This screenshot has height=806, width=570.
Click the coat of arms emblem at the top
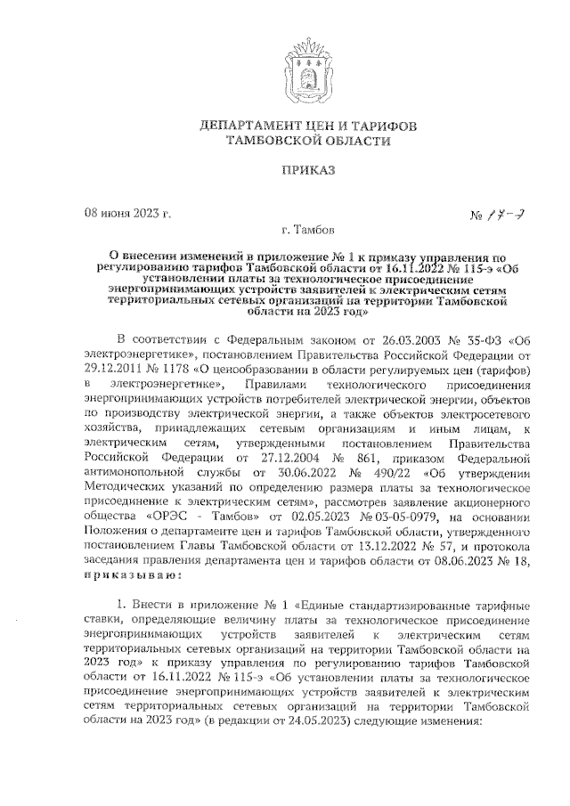(283, 68)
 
